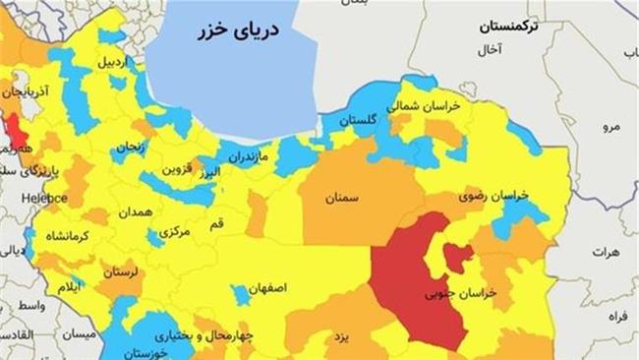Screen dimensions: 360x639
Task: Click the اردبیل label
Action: (x=112, y=61)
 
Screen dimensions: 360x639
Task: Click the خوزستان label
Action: (x=145, y=352)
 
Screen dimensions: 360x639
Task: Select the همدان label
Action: (x=135, y=211)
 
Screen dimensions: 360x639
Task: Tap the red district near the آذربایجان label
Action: (x=16, y=128)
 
